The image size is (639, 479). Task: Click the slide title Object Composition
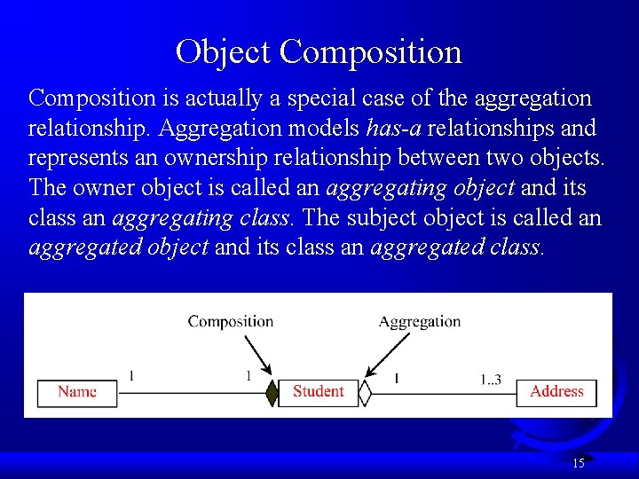tap(319, 51)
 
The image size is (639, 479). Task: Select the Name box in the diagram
tap(77, 392)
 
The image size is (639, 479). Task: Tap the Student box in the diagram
tap(318, 392)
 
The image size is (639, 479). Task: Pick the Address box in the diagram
tap(556, 392)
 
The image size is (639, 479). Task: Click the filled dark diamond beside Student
tap(272, 392)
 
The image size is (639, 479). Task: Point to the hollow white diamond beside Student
tap(364, 392)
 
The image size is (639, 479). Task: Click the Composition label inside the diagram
tap(230, 321)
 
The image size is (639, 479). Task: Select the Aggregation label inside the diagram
tap(419, 321)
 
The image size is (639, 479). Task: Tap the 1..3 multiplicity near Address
tap(491, 380)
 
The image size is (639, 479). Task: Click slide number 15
tap(579, 462)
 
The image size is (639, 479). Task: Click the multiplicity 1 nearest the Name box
tap(131, 376)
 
